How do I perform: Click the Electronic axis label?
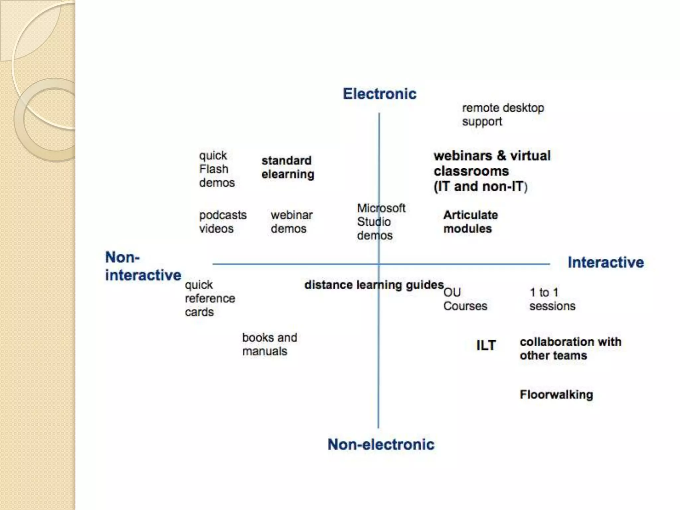[380, 94]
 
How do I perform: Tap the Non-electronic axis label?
[381, 444]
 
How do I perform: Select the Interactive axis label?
[606, 262]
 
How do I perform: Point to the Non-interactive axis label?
[143, 266]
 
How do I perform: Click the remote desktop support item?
[503, 115]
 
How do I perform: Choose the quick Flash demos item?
[216, 169]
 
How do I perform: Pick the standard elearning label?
[288, 167]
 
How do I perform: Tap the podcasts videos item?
[222, 222]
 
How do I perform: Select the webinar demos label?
[291, 222]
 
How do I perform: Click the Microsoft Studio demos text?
[381, 222]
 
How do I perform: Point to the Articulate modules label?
[470, 222]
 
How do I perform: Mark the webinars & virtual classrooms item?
[492, 171]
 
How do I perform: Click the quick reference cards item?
[210, 298]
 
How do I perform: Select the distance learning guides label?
[374, 285]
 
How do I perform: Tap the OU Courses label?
[465, 299]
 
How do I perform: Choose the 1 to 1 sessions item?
[552, 299]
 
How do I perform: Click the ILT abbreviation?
[486, 345]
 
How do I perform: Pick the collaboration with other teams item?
[570, 349]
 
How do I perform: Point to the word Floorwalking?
[556, 394]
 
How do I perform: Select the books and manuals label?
[269, 344]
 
